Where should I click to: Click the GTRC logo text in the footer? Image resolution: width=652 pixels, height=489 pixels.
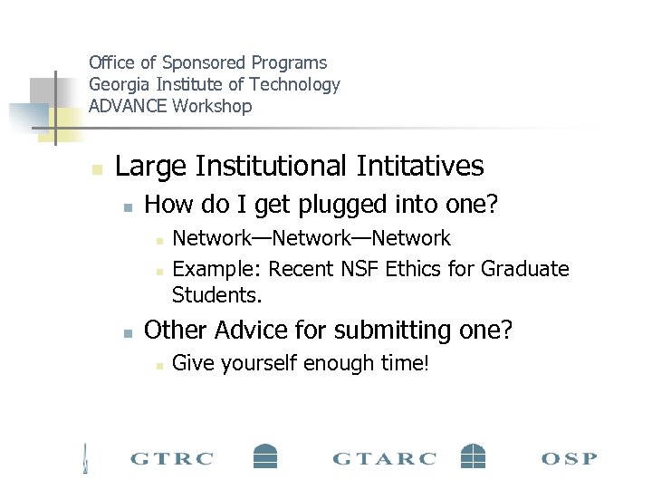point(172,458)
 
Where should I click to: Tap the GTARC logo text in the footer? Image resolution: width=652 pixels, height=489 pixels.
point(384,458)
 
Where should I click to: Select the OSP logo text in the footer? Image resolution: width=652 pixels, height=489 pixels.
point(569,458)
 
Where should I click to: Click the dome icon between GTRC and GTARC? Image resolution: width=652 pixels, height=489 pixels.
point(264,455)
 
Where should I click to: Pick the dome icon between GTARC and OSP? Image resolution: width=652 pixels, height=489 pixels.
point(473,455)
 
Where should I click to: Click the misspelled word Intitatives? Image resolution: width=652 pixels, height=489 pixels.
point(420,167)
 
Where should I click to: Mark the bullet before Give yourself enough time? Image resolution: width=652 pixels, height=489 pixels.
point(158,365)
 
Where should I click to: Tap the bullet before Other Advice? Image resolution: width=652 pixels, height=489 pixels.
point(129,332)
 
